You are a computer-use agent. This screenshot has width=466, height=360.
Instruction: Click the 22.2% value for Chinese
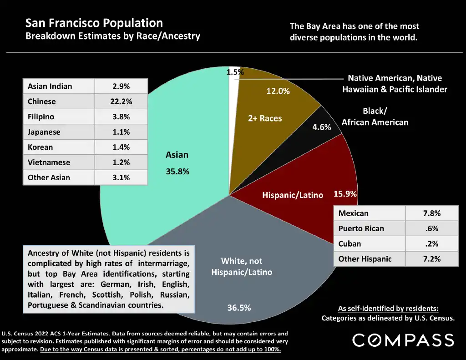(x=121, y=101)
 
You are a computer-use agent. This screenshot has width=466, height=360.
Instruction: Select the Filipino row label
(x=41, y=117)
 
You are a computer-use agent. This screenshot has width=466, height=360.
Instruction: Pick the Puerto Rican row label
(x=361, y=228)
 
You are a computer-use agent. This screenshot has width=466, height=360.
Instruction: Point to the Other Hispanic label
(x=365, y=259)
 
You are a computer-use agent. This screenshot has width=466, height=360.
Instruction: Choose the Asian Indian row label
(x=50, y=86)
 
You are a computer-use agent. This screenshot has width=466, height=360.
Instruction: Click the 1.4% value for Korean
(x=121, y=147)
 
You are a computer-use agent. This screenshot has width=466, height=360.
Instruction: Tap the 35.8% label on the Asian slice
(x=177, y=172)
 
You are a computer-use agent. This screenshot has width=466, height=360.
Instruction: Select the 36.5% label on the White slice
(x=239, y=308)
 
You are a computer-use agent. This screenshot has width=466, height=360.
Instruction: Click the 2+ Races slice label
(x=265, y=118)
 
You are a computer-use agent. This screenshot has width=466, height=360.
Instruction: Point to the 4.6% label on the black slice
(x=321, y=127)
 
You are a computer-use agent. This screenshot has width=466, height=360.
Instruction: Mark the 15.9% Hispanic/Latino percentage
(x=345, y=194)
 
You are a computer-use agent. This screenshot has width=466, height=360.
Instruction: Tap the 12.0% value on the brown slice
(x=278, y=91)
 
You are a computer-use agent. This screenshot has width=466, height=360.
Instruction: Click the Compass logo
(x=403, y=340)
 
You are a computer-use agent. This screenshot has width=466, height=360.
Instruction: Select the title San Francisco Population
(x=94, y=23)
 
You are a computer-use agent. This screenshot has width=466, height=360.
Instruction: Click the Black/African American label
(x=375, y=117)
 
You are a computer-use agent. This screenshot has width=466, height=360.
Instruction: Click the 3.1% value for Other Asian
(x=121, y=177)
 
